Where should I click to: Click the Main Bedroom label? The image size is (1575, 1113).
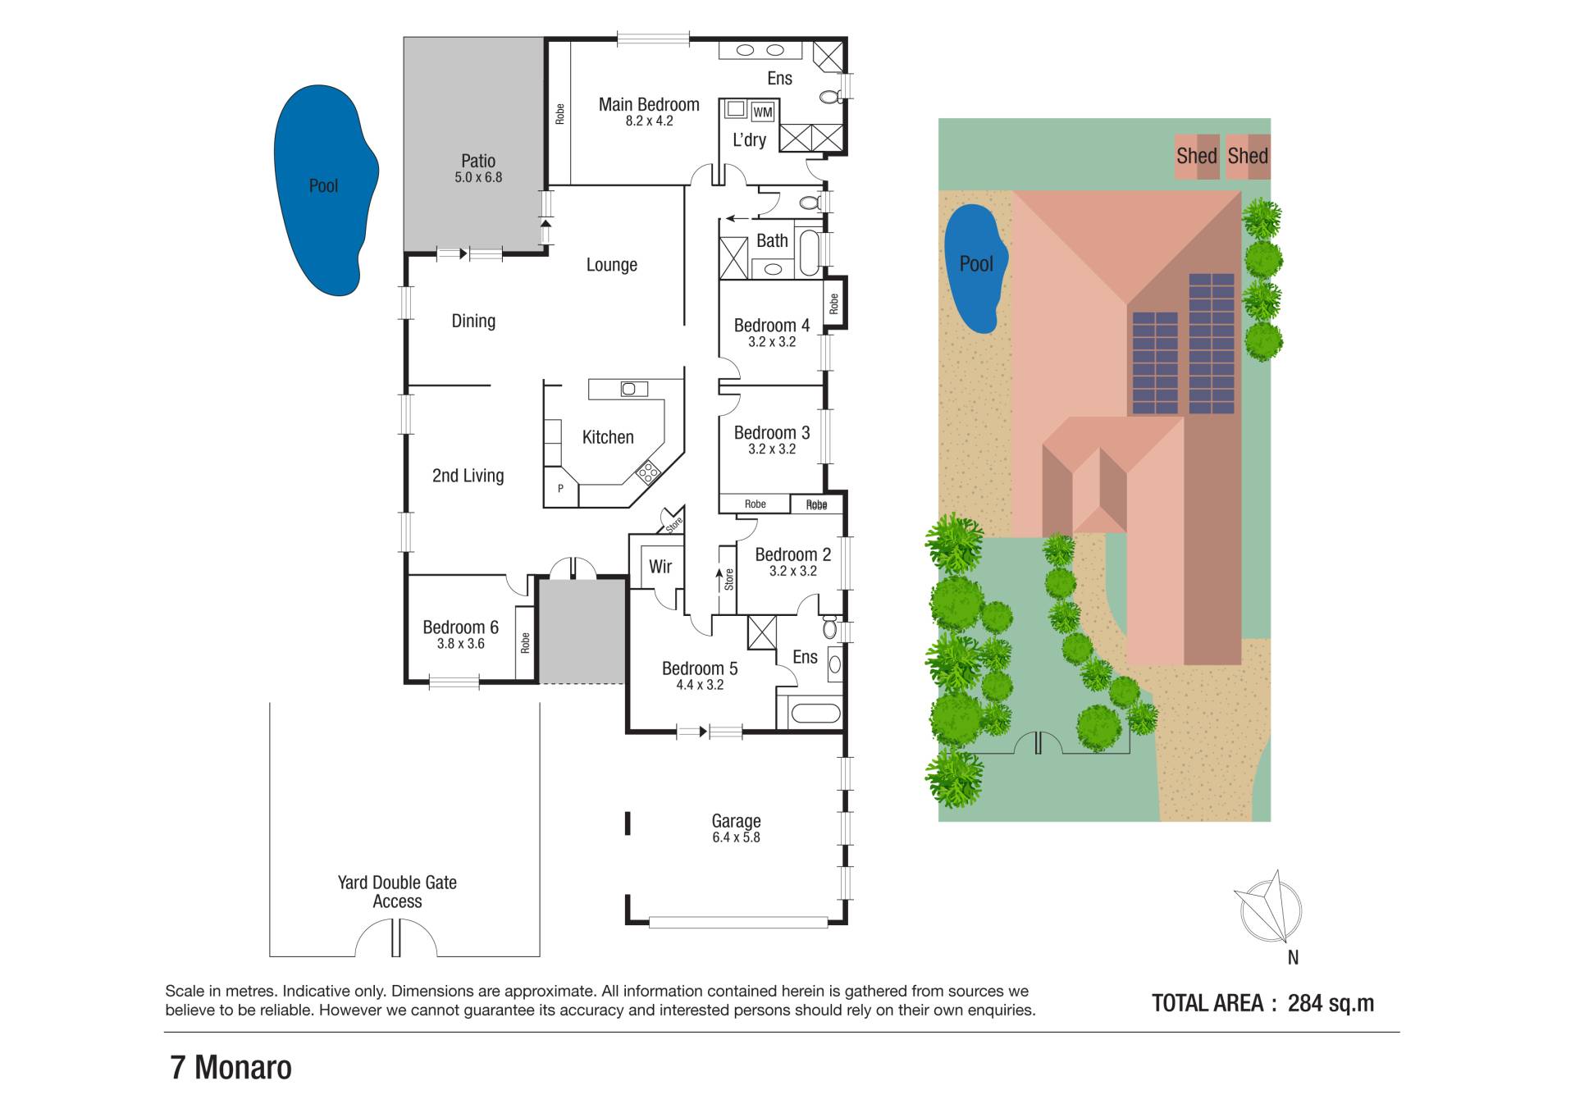pos(649,104)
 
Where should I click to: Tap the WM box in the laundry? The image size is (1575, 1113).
pos(762,112)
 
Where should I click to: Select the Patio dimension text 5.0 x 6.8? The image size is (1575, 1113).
pos(478,177)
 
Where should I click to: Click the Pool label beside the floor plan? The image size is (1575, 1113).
pos(323,185)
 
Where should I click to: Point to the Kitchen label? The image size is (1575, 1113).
pos(608,437)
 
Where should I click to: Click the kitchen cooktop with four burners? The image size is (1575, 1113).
pos(647,472)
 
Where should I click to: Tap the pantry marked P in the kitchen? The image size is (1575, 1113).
pos(561,488)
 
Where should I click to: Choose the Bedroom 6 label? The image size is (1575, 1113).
pos(460,627)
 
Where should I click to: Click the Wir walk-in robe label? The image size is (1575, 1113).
pos(660,566)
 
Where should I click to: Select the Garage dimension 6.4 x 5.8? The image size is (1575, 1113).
pos(736,837)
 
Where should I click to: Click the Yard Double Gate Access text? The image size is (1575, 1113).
pos(397,892)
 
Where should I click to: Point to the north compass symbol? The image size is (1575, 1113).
pos(1270,909)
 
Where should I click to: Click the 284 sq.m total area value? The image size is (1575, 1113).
pos(1331,1003)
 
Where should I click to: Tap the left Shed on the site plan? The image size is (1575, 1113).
pos(1197,156)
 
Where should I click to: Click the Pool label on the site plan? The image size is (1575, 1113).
pos(976,264)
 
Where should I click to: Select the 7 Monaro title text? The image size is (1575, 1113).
pos(231,1068)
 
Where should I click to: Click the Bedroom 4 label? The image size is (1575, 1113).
pos(772,326)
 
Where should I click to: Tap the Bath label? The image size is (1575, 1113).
pos(772,240)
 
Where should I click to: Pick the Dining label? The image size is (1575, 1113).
pos(473,321)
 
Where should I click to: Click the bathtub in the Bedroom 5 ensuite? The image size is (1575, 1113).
pos(815,713)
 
